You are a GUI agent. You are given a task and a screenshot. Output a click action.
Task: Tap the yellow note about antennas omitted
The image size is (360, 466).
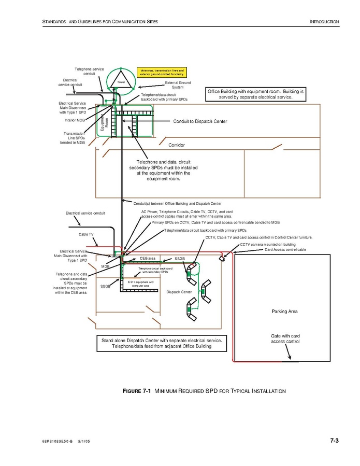pos(162,73)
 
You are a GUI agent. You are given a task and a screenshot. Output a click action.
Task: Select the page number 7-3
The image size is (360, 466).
pos(334,441)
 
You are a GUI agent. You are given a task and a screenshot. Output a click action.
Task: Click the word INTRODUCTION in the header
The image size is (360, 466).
pos(324,22)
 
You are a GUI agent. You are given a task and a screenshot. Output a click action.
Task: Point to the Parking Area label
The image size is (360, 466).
pos(284,312)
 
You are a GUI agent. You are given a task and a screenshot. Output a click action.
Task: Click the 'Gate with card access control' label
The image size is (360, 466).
pos(285,339)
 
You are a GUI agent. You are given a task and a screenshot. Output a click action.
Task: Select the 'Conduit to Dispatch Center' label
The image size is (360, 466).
pos(200,122)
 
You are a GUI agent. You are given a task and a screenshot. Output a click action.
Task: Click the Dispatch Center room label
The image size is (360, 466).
pos(179,292)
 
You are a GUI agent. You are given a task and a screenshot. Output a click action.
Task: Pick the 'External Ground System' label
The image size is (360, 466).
pos(178,85)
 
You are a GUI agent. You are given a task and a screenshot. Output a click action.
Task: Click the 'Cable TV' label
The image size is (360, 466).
pos(86,234)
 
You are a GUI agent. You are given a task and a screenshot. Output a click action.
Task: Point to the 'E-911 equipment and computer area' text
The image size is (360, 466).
pos(141,284)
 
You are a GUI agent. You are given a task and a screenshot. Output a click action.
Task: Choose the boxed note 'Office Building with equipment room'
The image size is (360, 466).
pos(256,94)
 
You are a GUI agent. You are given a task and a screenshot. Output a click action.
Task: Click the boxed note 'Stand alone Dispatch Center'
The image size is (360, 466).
pos(162,343)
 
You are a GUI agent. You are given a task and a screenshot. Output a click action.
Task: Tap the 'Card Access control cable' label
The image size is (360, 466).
pos(285,249)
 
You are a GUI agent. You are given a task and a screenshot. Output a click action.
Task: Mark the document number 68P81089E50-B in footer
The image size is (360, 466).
pos(57,442)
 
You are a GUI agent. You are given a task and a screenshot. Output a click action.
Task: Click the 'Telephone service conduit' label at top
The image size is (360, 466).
pos(89,72)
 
